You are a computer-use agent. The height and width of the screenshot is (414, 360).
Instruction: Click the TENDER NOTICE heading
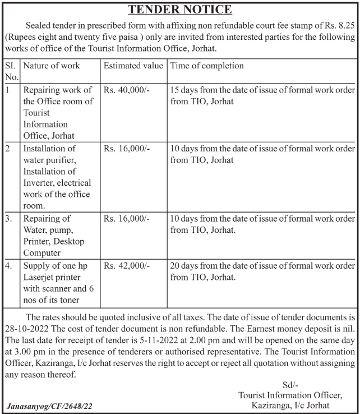click(180, 10)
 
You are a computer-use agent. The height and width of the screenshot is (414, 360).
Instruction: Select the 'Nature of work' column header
click(51, 66)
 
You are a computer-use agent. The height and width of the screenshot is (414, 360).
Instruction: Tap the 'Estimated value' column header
click(133, 66)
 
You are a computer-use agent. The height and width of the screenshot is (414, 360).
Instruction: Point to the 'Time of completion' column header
click(206, 66)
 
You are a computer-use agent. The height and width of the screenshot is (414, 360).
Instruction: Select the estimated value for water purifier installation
click(127, 149)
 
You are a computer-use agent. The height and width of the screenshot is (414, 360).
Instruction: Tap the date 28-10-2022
click(26, 330)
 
